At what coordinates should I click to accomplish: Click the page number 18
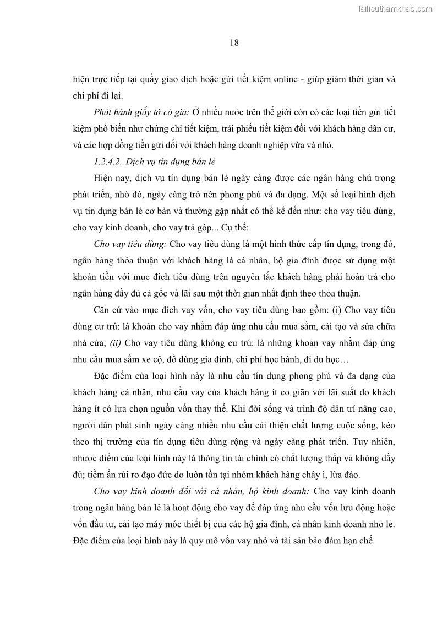click(x=234, y=43)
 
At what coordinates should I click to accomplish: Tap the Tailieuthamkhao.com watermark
click(x=395, y=8)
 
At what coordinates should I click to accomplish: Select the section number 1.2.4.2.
click(x=108, y=162)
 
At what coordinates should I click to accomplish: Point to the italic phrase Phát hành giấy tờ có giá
click(x=141, y=112)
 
